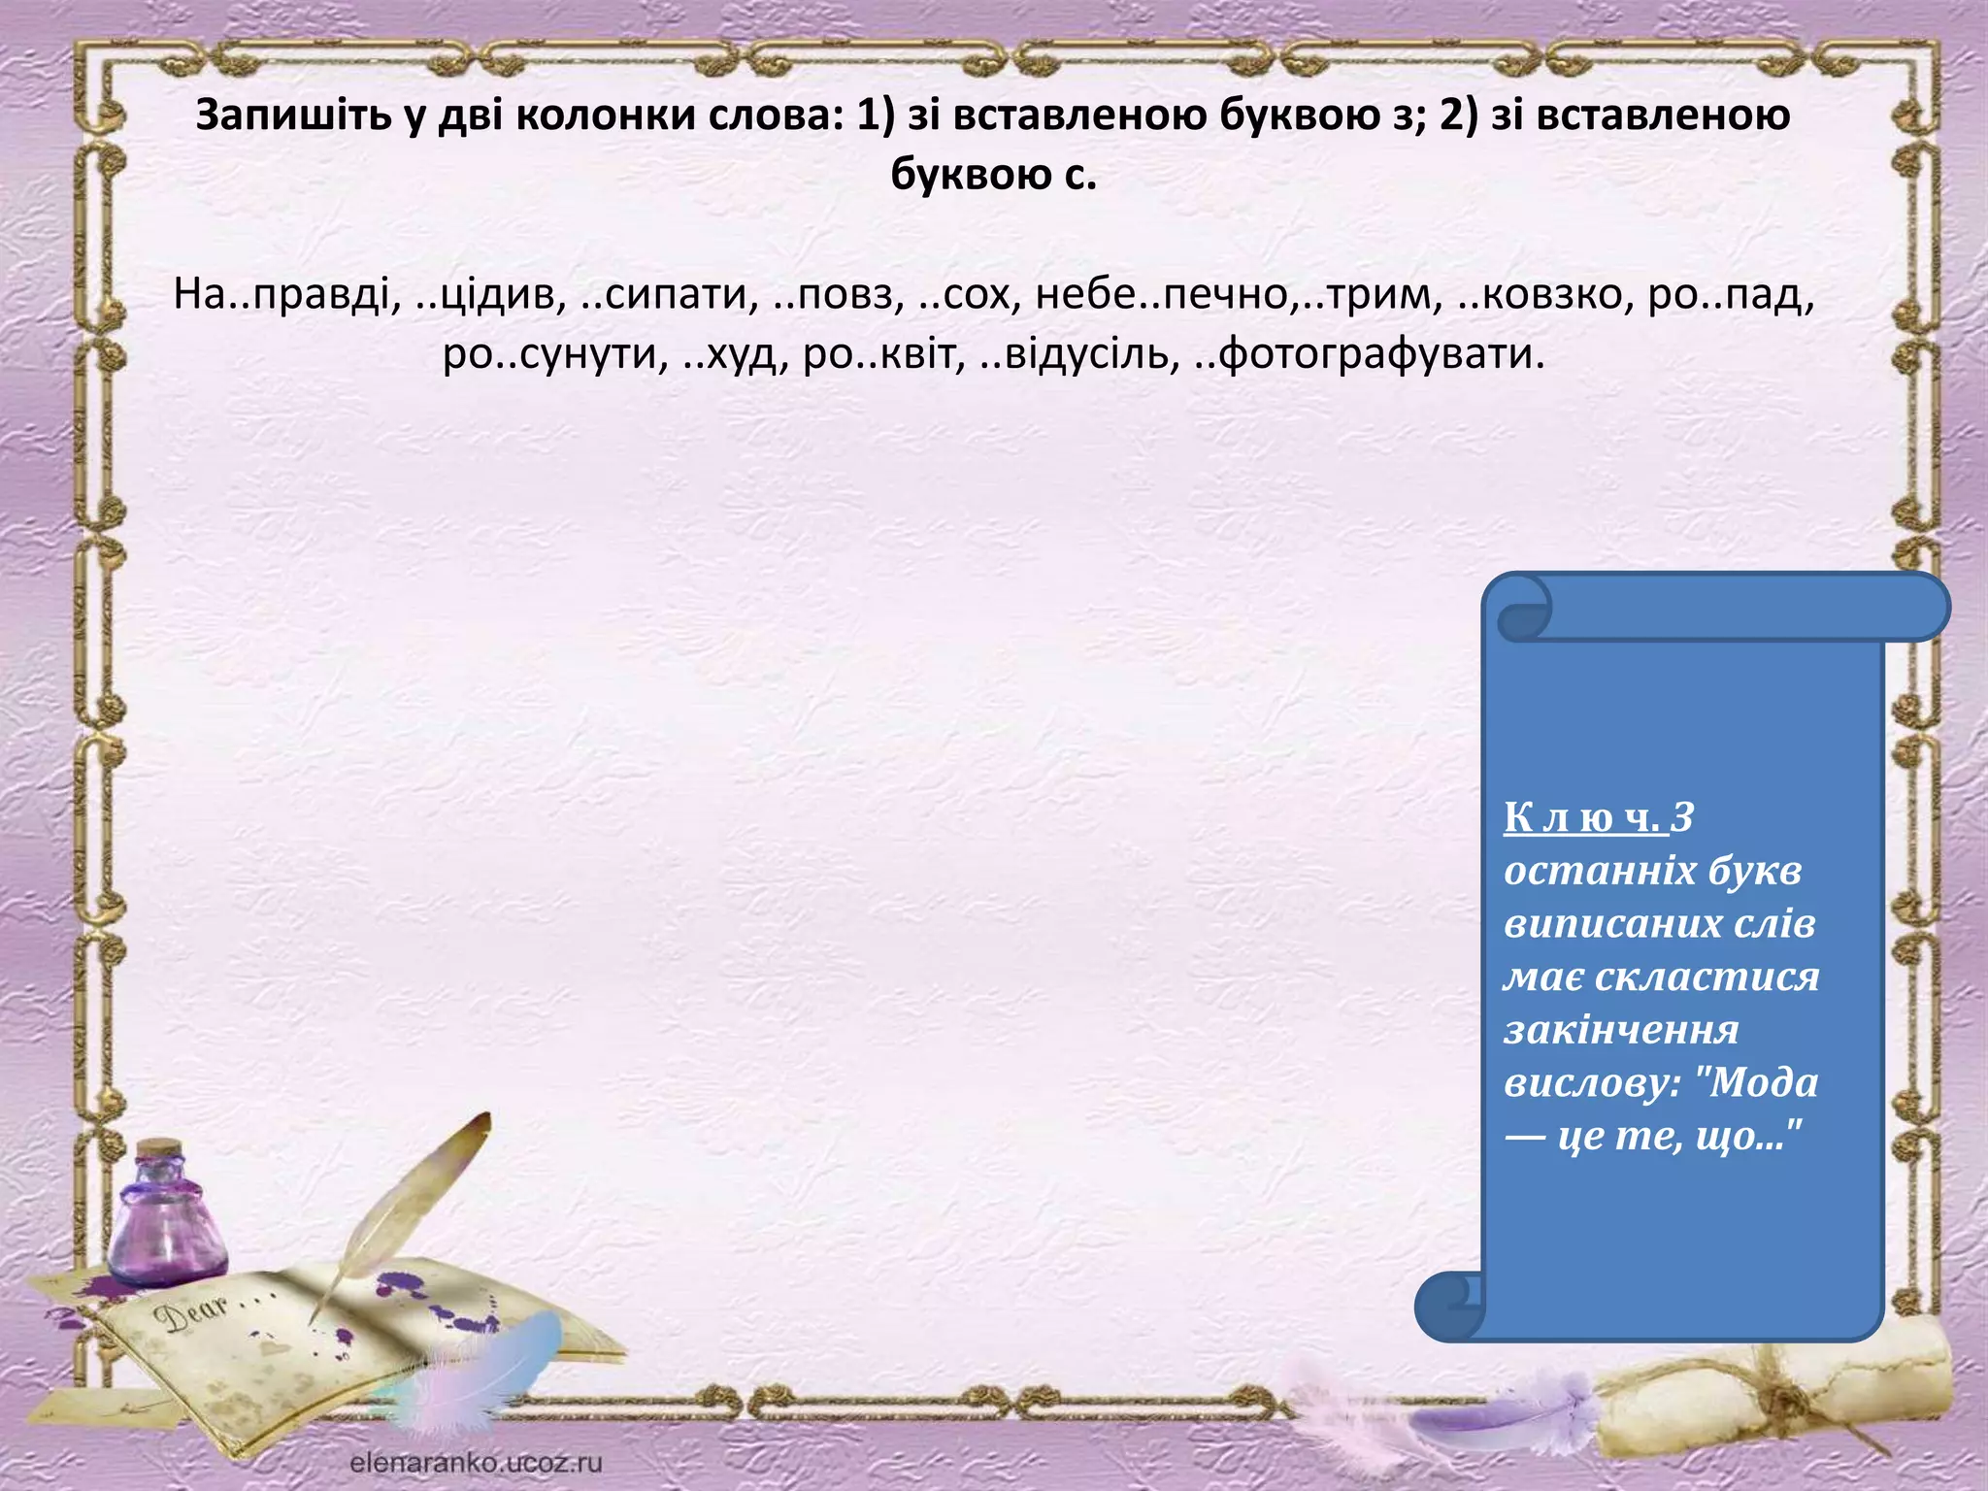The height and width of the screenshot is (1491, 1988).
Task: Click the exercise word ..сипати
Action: pyautogui.click(x=669, y=294)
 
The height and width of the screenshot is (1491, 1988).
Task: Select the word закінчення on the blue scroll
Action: pyautogui.click(x=1621, y=1029)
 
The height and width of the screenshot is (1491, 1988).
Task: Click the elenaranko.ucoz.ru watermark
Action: pyautogui.click(x=476, y=1462)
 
